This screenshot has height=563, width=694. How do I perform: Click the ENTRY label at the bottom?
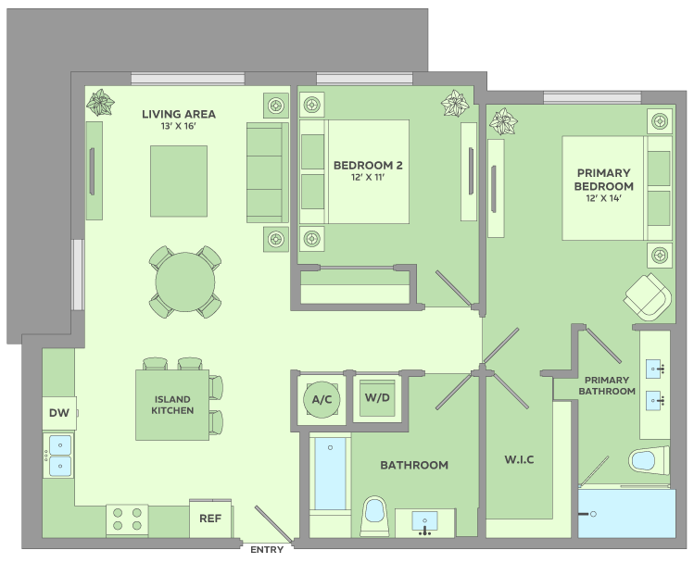tap(267, 550)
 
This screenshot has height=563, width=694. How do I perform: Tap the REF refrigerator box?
tap(210, 519)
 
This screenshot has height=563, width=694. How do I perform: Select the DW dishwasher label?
tap(59, 413)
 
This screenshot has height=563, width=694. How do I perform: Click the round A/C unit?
tap(322, 400)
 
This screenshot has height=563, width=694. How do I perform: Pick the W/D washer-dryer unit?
tap(377, 397)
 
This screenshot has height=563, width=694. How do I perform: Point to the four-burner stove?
tap(127, 520)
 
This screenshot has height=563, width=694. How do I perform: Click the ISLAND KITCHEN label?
tap(172, 405)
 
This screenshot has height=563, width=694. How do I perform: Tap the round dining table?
tap(185, 282)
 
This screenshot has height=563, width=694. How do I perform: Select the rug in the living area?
tap(179, 181)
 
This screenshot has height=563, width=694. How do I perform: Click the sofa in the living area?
tap(268, 172)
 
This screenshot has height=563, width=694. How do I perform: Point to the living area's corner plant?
tap(100, 103)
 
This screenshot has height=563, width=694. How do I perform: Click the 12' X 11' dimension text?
tap(368, 178)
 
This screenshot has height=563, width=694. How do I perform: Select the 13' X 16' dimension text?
tap(179, 126)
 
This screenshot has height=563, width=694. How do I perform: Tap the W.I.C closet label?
tap(519, 459)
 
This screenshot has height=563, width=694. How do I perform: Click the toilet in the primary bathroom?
tap(649, 460)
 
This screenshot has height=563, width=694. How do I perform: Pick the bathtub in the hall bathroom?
tap(330, 474)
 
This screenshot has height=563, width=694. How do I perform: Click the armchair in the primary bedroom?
tap(648, 296)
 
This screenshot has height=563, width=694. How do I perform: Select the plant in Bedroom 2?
tap(455, 104)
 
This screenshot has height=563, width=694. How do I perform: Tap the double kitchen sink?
tap(59, 456)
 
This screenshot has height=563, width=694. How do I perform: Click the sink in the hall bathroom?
tap(425, 522)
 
